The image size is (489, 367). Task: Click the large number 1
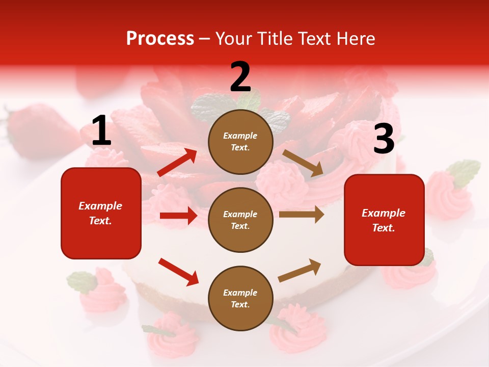point(101,131)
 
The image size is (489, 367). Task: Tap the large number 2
point(240,76)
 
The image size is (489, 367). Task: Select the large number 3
point(384,139)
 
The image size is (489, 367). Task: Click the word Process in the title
point(160,38)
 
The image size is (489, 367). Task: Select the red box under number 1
point(101,213)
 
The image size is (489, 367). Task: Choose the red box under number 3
point(384,220)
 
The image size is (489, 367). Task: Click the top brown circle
point(240,141)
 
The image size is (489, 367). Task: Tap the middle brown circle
point(240,220)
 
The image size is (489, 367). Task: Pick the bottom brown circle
point(240,298)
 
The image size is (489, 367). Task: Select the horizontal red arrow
point(178,216)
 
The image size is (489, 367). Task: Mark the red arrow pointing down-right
point(179,272)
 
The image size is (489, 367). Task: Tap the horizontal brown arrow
point(301,215)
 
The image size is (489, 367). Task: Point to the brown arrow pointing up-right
point(300,270)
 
